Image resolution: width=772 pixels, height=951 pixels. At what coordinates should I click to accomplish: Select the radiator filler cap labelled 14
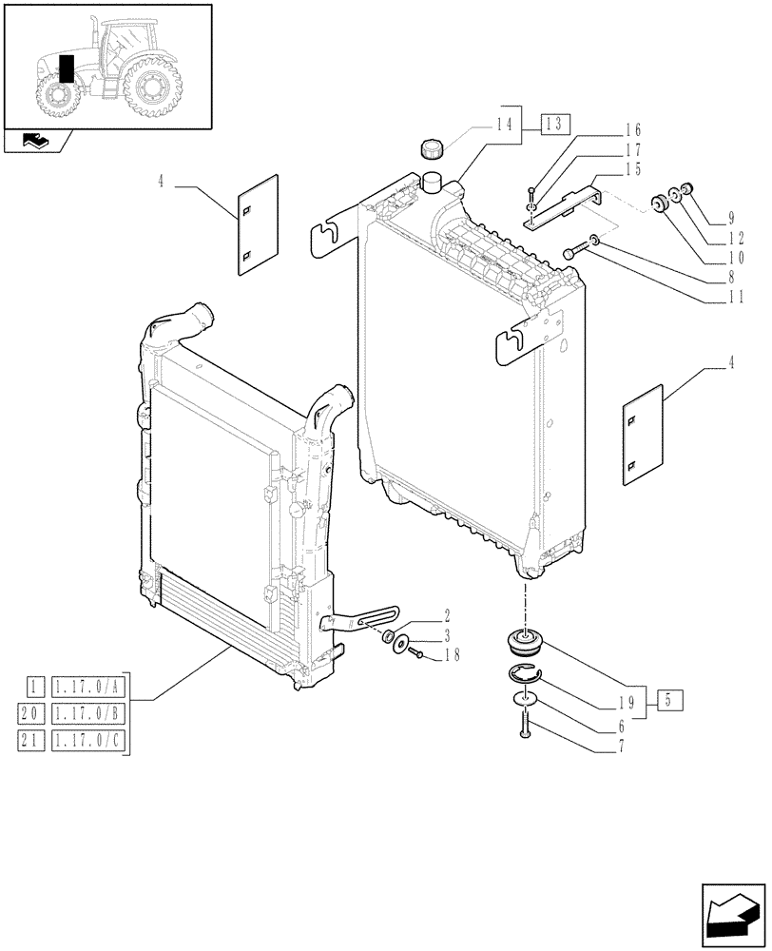coord(433,150)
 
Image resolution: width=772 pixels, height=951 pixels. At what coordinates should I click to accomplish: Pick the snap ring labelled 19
coord(522,676)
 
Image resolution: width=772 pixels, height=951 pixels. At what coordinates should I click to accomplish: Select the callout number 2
coord(446,616)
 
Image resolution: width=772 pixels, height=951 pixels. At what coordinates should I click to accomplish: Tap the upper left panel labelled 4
coord(258,224)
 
